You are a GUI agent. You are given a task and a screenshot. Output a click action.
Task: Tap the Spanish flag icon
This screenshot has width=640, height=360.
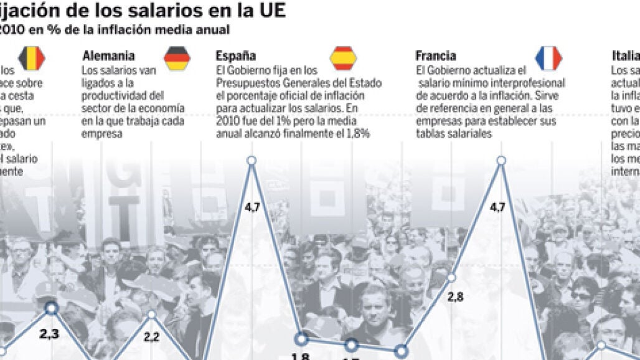pyautogui.click(x=343, y=58)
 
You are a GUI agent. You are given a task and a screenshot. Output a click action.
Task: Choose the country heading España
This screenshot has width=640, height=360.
pyautogui.click(x=235, y=56)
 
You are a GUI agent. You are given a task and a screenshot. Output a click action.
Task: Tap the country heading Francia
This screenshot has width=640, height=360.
pyautogui.click(x=436, y=56)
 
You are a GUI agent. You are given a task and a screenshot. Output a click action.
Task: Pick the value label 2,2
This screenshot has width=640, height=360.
pyautogui.click(x=153, y=337)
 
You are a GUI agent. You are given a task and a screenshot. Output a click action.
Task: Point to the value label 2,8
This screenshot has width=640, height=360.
pyautogui.click(x=455, y=297)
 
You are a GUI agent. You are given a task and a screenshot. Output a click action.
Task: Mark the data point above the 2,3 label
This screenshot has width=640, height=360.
pyautogui.click(x=52, y=308)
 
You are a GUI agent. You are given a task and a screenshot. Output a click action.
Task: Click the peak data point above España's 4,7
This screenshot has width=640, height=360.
pyautogui.click(x=252, y=161)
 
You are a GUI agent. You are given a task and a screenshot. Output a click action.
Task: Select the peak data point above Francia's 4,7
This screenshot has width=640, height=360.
pyautogui.click(x=502, y=161)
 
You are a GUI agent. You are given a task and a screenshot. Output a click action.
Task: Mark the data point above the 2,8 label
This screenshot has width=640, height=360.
pyautogui.click(x=453, y=277)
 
